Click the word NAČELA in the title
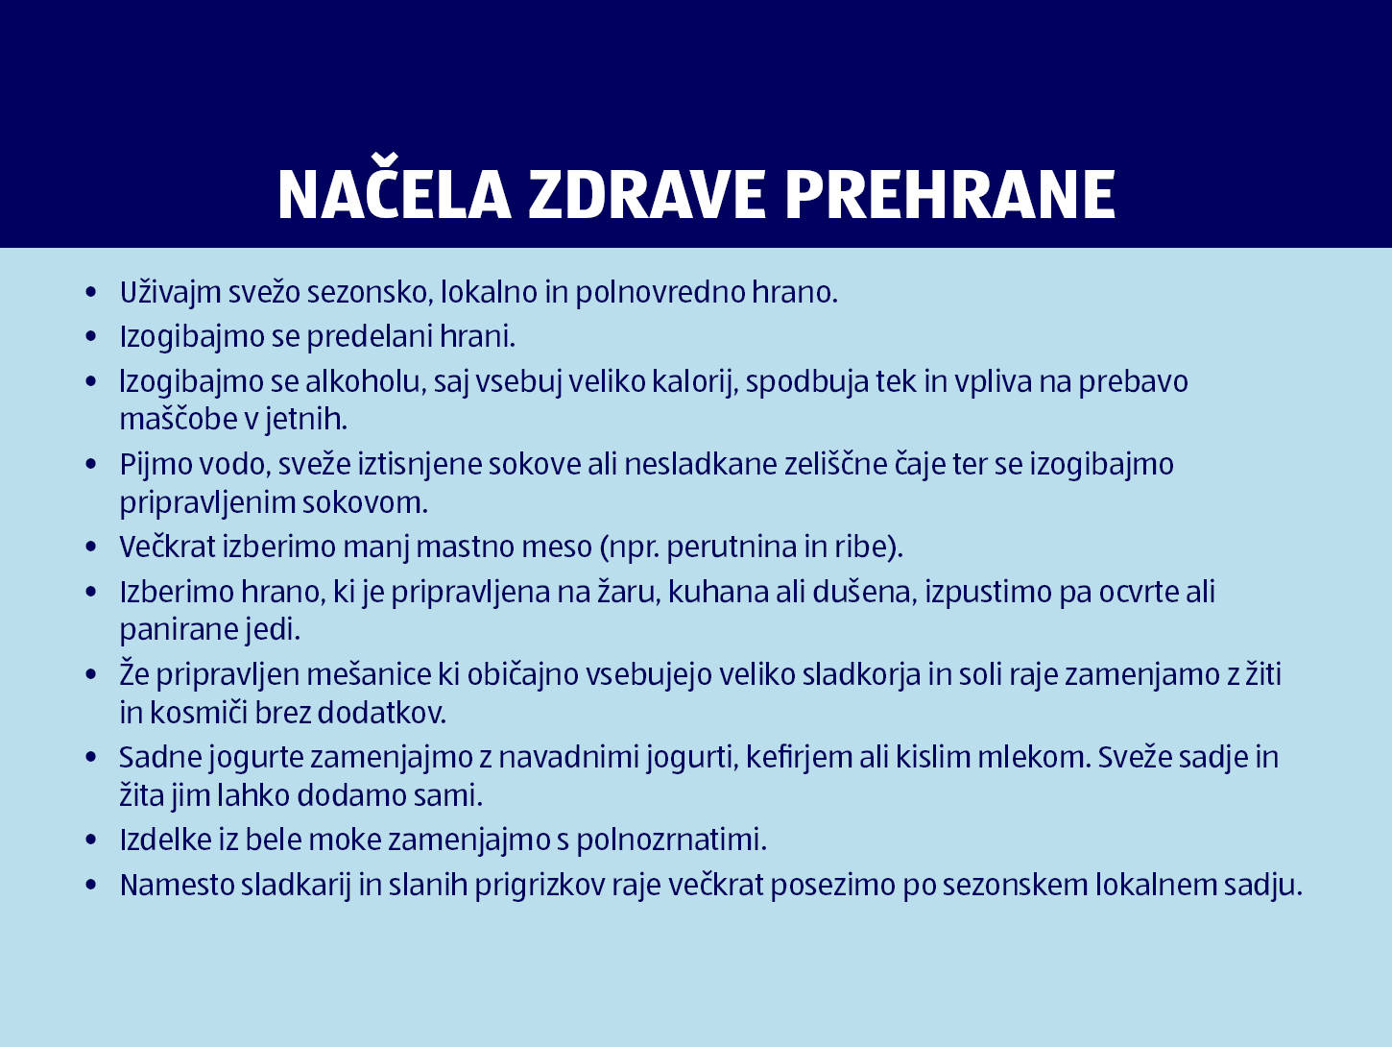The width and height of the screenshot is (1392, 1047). tap(394, 195)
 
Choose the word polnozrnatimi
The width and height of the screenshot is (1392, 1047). tap(671, 840)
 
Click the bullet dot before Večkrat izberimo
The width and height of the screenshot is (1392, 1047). tap(91, 548)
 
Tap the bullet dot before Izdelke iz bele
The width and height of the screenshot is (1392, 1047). tap(91, 840)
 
